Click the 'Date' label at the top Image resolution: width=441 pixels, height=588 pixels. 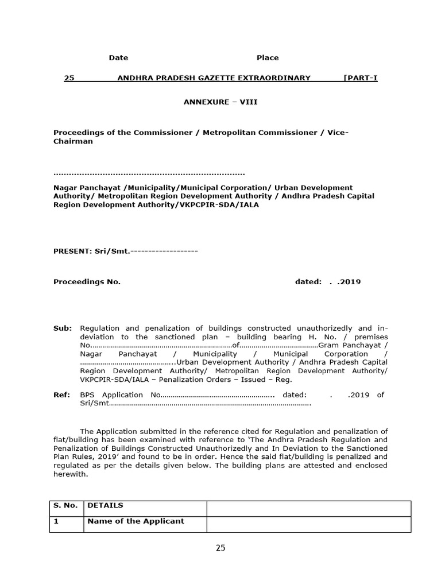(118, 57)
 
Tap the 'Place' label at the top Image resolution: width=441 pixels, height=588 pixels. (267, 57)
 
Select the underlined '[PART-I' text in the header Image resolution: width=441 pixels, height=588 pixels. (360, 78)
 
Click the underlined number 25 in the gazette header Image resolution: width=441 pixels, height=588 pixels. (69, 78)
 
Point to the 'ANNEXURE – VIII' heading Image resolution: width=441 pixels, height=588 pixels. (220, 102)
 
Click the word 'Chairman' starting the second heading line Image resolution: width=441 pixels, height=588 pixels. (73, 141)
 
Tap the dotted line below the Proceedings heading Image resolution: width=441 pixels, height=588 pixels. (149, 173)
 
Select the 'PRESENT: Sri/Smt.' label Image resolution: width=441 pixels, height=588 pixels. (92, 251)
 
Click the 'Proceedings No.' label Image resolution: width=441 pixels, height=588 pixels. (87, 282)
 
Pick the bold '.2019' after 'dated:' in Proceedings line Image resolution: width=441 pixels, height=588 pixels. (349, 282)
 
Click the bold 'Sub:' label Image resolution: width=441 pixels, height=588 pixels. (63, 328)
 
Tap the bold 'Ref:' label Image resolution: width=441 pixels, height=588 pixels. (61, 394)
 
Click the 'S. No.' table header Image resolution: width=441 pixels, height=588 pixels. (65, 506)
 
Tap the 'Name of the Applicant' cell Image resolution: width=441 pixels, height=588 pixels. (136, 521)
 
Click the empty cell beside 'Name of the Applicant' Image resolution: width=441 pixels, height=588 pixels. (308, 524)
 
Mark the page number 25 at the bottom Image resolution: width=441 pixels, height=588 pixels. (220, 548)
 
